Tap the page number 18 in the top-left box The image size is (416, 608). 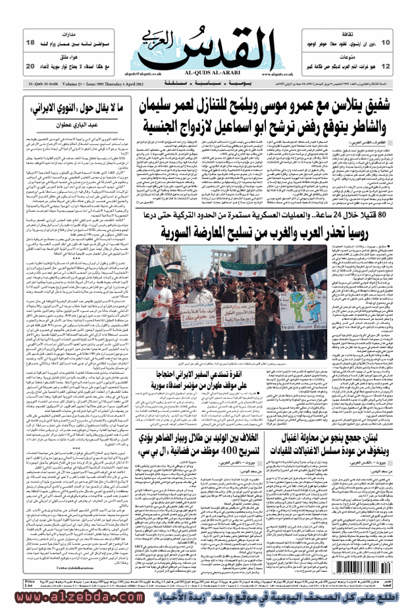click(30, 43)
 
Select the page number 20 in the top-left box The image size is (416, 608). click(30, 66)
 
